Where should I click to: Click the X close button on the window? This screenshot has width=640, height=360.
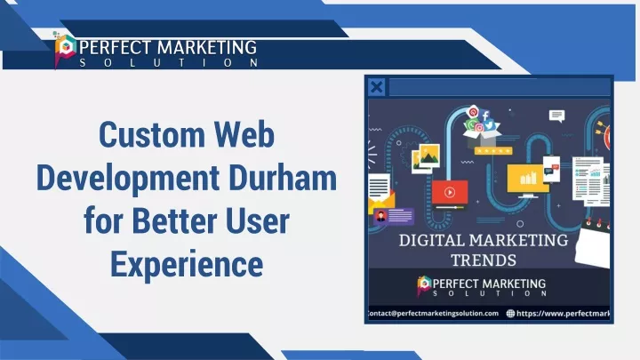(x=376, y=87)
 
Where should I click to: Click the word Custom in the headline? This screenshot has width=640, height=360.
(x=152, y=135)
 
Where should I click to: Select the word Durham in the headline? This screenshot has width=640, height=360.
(x=283, y=178)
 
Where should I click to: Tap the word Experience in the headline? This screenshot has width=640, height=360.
(x=187, y=265)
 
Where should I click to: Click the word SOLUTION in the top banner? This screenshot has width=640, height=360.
(x=169, y=63)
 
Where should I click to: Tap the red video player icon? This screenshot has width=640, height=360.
(x=450, y=192)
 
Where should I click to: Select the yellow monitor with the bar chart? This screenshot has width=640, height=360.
(x=527, y=180)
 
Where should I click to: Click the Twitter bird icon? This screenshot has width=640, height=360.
(x=490, y=125)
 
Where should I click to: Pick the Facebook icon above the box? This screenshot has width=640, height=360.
(x=485, y=116)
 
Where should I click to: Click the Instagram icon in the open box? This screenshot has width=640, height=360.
(x=479, y=128)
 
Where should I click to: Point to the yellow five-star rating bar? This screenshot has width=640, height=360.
(x=493, y=150)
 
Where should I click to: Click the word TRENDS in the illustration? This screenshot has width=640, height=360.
(x=484, y=260)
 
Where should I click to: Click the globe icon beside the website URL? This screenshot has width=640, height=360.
(x=510, y=314)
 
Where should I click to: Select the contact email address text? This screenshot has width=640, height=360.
(x=433, y=314)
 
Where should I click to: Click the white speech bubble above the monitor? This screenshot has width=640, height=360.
(x=556, y=116)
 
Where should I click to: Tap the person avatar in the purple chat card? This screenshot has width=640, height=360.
(x=380, y=216)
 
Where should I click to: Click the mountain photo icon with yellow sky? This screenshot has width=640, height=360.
(x=429, y=155)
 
